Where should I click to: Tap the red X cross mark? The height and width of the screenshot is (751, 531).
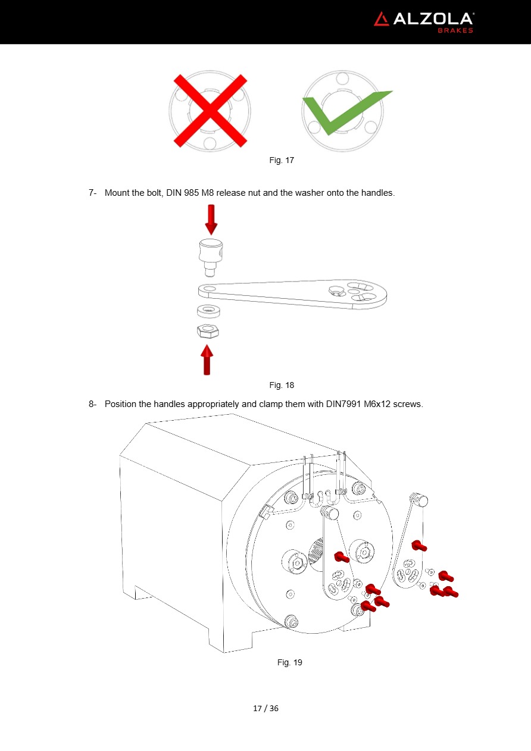tap(210, 111)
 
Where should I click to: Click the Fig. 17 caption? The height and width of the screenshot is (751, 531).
tap(282, 160)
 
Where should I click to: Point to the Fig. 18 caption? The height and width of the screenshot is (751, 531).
tap(282, 385)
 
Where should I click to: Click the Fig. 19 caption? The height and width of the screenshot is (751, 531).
tap(290, 662)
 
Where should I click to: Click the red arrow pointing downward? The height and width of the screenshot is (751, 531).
tap(211, 220)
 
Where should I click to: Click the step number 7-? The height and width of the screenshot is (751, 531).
tap(92, 193)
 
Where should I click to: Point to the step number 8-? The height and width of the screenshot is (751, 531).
tap(92, 404)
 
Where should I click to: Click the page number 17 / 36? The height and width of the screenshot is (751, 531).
tap(265, 708)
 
